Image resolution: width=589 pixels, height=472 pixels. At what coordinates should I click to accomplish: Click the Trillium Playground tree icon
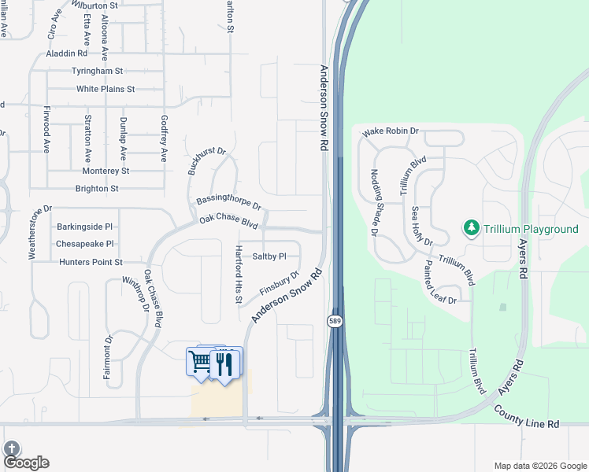pos(472,228)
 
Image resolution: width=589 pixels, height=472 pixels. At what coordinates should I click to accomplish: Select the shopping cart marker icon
pos(201,362)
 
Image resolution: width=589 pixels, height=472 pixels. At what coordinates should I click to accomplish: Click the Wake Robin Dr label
pos(390,132)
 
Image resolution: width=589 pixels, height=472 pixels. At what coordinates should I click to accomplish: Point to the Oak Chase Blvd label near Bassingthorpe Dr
pos(228,223)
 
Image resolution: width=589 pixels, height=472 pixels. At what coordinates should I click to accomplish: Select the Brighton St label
pos(97,189)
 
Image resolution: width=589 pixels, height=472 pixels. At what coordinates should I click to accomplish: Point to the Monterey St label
pos(106,171)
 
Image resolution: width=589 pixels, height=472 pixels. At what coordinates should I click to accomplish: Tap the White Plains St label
pos(106,89)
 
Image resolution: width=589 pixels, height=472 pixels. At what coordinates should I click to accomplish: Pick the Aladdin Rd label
pos(67,53)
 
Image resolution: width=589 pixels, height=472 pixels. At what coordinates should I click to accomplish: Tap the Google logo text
pos(27,463)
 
